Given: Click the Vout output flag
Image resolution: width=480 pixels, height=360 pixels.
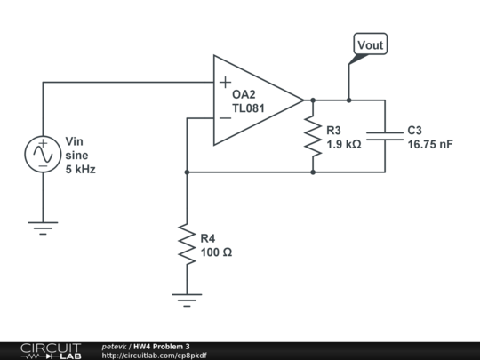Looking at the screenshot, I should pos(371,45).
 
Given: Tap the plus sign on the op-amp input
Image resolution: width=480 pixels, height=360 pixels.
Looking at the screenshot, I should pos(225,84).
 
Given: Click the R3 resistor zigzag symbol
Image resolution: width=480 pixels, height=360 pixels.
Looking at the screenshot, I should pos(313,136).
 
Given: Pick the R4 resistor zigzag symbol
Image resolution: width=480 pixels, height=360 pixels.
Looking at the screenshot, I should pos(186,244).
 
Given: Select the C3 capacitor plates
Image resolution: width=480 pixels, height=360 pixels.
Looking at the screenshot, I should pos(385,136).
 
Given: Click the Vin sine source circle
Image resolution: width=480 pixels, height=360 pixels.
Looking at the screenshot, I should pos(42,154).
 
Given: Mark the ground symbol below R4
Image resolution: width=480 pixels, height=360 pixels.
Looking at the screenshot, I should pos(186,300).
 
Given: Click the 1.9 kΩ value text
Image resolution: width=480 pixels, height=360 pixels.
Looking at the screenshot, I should pos(343,143).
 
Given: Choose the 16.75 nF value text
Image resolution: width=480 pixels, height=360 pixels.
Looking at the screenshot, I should pos(430,143).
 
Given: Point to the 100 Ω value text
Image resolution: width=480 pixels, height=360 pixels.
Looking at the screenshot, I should pos(216,252).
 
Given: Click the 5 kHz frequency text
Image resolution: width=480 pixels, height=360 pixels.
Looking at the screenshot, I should pos(80,168).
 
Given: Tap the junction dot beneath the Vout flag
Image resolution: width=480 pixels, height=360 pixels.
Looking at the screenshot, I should pos(348,100).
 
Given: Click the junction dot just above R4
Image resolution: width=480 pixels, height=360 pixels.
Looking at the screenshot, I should pos(186,172).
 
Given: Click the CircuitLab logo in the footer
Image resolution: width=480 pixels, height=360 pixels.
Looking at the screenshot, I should pos(50,350).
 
